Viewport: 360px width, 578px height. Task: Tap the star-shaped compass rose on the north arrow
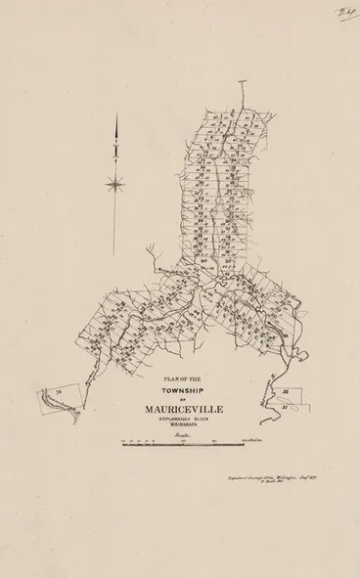[x=116, y=179]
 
